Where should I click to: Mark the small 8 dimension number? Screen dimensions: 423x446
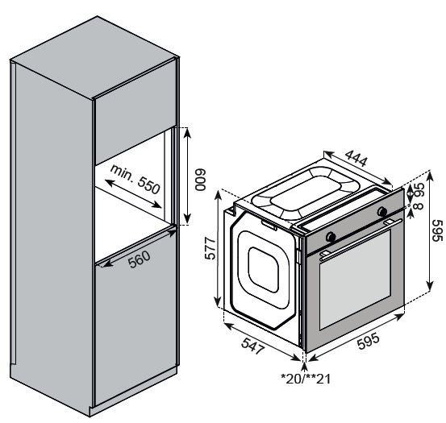(417, 207)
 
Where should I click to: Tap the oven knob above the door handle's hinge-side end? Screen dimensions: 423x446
(330, 237)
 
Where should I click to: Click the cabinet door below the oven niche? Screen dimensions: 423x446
(133, 322)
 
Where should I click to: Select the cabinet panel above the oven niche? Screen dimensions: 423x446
(133, 121)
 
